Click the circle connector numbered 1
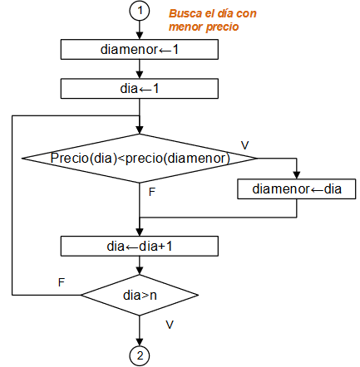pyautogui.click(x=140, y=12)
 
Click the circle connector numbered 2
pyautogui.click(x=140, y=355)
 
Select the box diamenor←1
pyautogui.click(x=140, y=49)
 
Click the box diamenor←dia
pyautogui.click(x=297, y=189)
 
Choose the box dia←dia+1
pyautogui.click(x=140, y=246)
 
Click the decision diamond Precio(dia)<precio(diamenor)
pyautogui.click(x=140, y=157)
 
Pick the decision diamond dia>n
pyautogui.click(x=140, y=295)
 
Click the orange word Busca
pyautogui.click(x=185, y=14)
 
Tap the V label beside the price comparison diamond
pyautogui.click(x=245, y=145)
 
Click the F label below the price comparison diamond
pyautogui.click(x=151, y=191)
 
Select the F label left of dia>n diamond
pyautogui.click(x=61, y=282)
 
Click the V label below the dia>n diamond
pyautogui.click(x=170, y=322)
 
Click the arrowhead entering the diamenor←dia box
pyautogui.click(x=297, y=176)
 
